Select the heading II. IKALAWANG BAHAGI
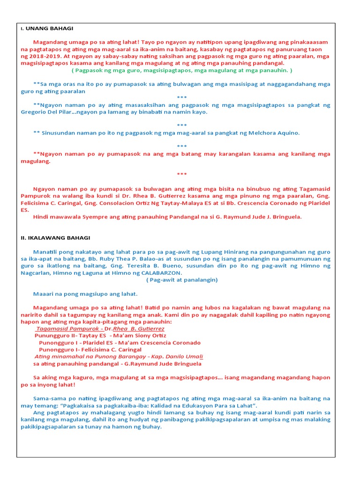click(56, 238)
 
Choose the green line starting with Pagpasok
click(182, 70)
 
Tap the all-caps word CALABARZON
click(162, 273)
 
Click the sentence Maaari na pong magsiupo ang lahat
click(85, 294)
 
